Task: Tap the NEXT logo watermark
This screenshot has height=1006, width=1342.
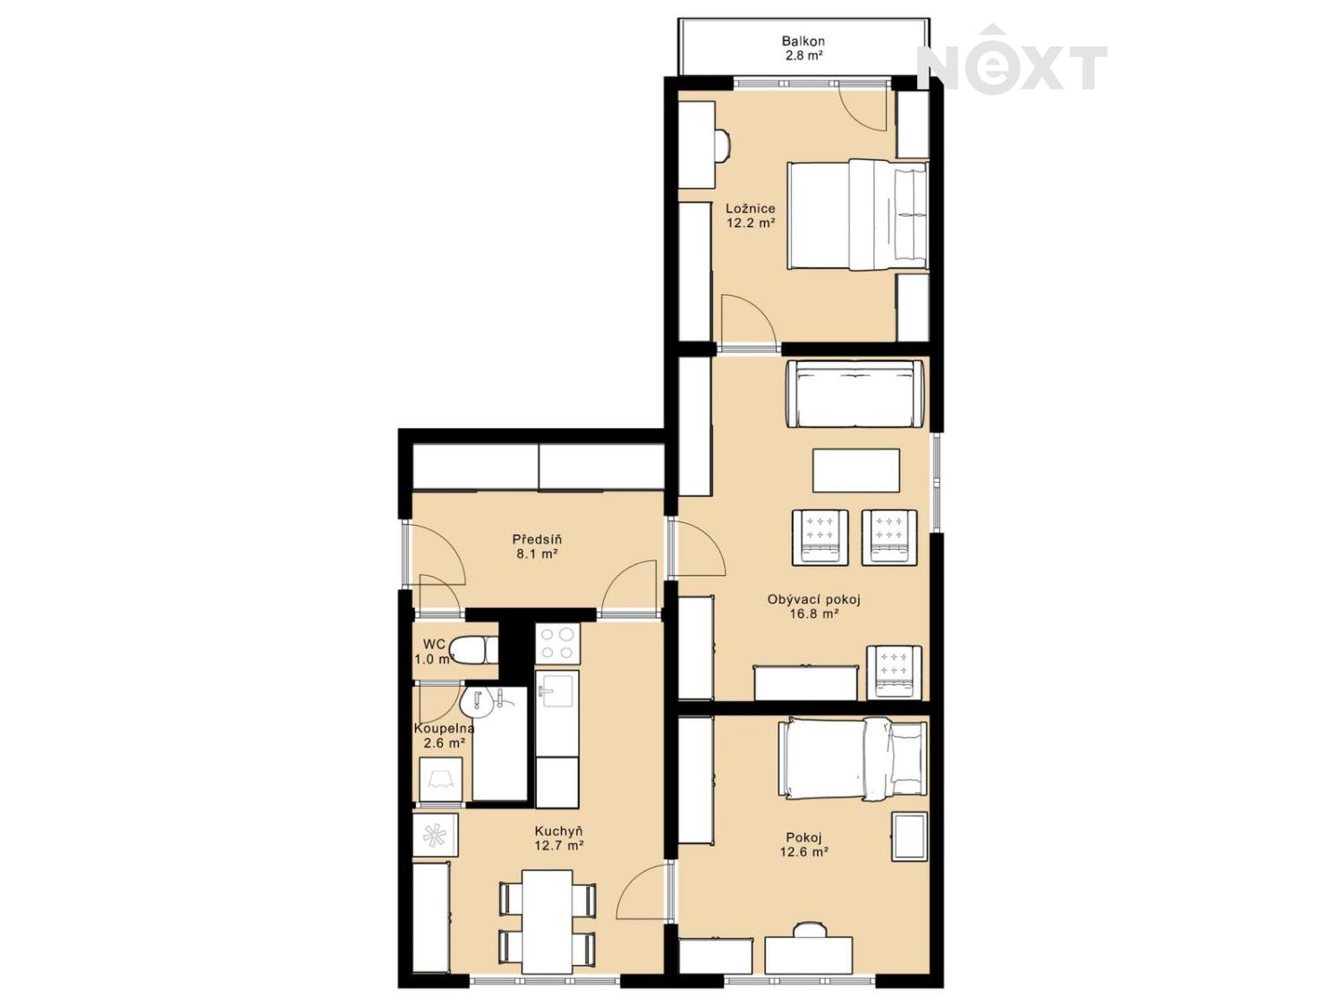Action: click(1012, 61)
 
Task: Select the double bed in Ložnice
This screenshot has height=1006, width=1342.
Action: click(858, 215)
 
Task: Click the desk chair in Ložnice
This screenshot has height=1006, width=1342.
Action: click(722, 146)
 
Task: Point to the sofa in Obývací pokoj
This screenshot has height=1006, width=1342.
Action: click(855, 394)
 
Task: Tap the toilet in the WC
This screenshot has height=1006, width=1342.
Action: click(474, 650)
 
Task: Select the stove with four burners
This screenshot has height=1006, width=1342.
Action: click(557, 645)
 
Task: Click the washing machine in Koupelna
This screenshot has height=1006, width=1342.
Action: click(440, 780)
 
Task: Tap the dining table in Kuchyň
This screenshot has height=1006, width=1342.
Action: click(548, 922)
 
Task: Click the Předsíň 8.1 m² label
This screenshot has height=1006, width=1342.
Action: click(537, 546)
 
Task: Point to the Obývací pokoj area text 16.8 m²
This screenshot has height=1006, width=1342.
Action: click(814, 613)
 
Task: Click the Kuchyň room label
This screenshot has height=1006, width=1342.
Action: click(558, 832)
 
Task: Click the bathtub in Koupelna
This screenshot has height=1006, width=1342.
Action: click(499, 743)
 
